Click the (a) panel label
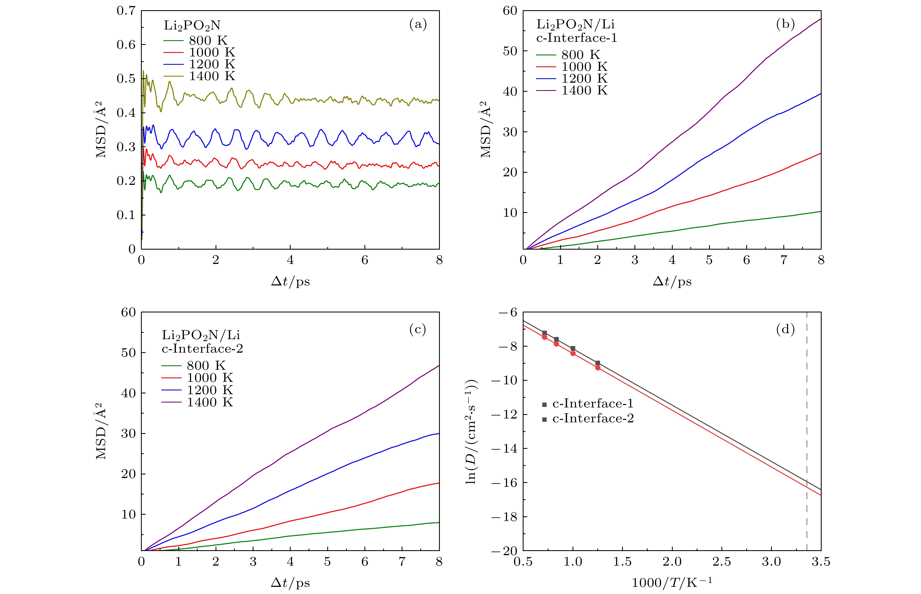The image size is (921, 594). [418, 25]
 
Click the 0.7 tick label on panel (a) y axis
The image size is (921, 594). [126, 11]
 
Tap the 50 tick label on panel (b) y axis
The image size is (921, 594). [510, 51]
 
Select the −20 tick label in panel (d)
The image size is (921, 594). [505, 551]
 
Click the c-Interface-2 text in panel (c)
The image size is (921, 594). [202, 349]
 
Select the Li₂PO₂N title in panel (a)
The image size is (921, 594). [192, 25]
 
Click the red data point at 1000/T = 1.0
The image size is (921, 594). [573, 353]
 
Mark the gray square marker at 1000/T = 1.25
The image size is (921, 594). [598, 363]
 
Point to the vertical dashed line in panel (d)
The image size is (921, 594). [807, 424]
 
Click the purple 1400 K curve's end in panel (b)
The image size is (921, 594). [820, 19]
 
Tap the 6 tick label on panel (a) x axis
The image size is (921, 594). [364, 260]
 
